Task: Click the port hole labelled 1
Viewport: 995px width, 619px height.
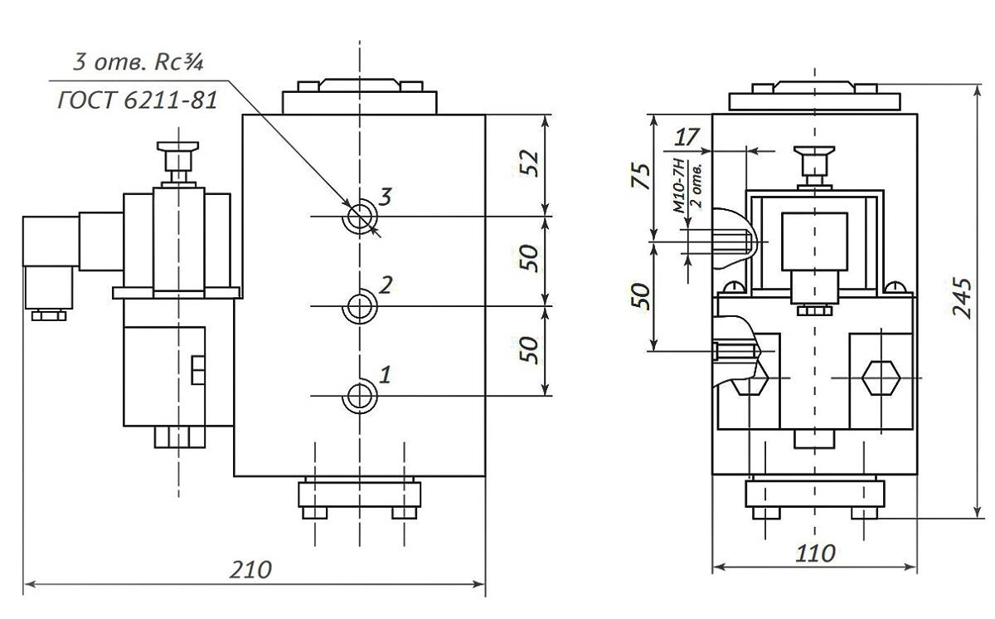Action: (x=360, y=396)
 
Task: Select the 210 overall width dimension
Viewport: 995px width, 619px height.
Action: (x=251, y=570)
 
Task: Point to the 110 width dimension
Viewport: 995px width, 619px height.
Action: (x=815, y=553)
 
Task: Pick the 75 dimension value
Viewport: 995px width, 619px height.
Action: (x=639, y=176)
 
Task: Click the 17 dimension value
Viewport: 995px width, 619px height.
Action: (x=688, y=135)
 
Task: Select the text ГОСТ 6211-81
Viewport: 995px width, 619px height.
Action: (x=138, y=100)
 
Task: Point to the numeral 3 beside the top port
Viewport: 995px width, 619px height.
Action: (x=385, y=197)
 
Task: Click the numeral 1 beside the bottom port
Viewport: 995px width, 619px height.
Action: (x=385, y=373)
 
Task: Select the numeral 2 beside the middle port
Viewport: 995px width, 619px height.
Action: (x=386, y=285)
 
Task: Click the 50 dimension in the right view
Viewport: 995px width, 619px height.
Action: (x=639, y=295)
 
